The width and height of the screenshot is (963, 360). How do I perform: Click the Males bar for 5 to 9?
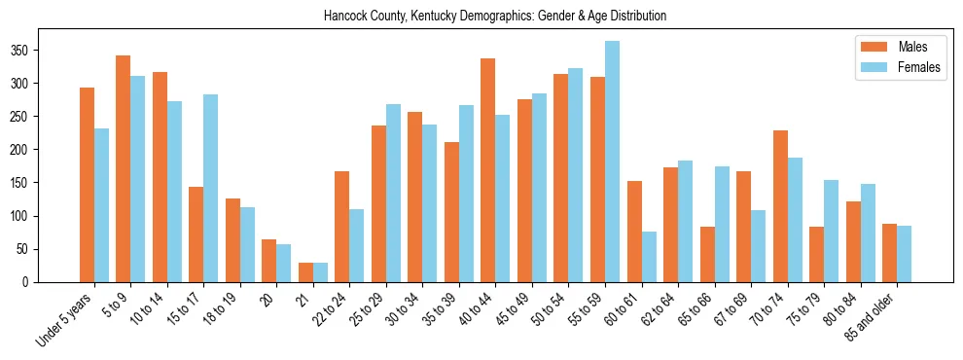(124, 168)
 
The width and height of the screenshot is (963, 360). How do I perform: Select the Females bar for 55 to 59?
(612, 162)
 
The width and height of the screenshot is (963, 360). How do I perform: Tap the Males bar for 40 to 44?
(488, 169)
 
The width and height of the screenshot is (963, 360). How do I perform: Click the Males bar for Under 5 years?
(87, 185)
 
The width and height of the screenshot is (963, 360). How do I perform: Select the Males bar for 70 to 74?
(780, 206)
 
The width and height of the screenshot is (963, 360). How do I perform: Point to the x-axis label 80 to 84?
(841, 311)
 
